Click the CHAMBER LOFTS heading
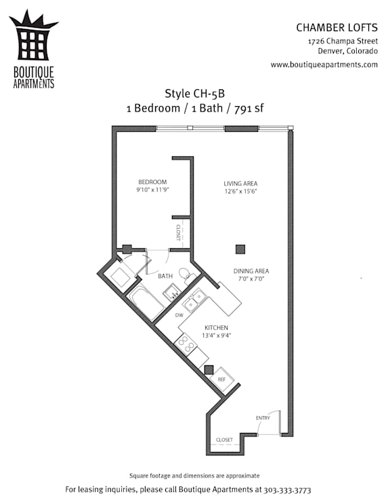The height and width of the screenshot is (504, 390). click(x=337, y=28)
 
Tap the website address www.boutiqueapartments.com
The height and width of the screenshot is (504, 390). click(x=324, y=65)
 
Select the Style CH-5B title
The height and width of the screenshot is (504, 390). click(x=195, y=93)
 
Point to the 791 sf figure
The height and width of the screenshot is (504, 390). click(x=248, y=108)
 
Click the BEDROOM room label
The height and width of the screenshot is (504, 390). click(x=152, y=182)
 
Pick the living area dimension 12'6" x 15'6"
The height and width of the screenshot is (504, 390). click(x=240, y=191)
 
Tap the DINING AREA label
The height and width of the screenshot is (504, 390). click(x=251, y=271)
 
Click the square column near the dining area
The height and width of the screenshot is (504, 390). click(x=240, y=250)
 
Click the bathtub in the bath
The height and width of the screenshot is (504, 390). click(x=146, y=302)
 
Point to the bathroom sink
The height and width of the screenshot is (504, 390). click(x=172, y=292)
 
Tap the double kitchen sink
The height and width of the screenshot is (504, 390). click(x=194, y=300)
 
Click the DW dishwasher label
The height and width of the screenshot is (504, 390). click(x=179, y=315)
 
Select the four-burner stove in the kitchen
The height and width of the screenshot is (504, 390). click(x=186, y=344)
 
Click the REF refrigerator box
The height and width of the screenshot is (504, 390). click(x=221, y=380)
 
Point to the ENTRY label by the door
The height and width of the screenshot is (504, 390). click(x=263, y=418)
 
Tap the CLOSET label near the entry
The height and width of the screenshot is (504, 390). click(x=224, y=440)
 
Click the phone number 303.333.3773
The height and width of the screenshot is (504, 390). click(x=287, y=490)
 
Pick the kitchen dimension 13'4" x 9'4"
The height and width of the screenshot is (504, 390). click(x=217, y=336)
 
